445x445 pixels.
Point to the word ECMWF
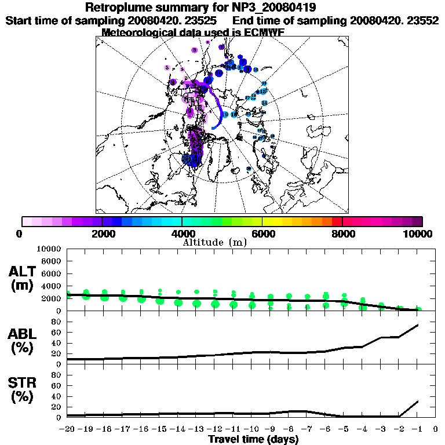(258, 32)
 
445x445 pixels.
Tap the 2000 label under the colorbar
(101, 234)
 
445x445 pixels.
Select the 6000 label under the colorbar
(262, 234)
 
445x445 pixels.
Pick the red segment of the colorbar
(337, 221)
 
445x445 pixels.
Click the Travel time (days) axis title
(253, 440)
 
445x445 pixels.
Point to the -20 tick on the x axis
(67, 429)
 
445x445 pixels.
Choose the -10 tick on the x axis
(252, 429)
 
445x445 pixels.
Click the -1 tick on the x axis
(417, 429)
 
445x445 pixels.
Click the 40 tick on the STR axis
(57, 396)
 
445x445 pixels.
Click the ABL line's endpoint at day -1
(418, 325)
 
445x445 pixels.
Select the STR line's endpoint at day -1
(418, 401)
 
